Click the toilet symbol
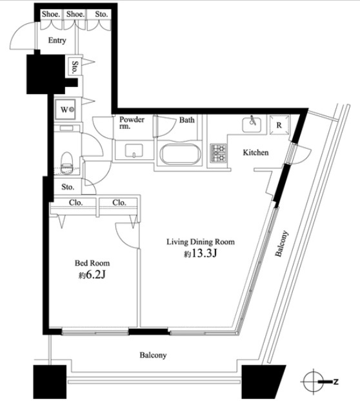click(67, 163)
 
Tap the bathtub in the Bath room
click(181, 154)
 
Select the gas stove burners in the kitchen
click(218, 153)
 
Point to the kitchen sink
click(252, 124)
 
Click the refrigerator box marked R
click(279, 125)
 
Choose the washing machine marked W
click(66, 110)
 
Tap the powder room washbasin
click(134, 151)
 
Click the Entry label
click(57, 41)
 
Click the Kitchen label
click(255, 153)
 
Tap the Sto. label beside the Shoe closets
click(101, 14)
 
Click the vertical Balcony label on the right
click(281, 244)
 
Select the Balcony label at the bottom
click(153, 355)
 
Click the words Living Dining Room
click(201, 242)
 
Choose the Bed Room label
click(92, 263)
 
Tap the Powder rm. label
click(132, 122)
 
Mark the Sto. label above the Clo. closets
click(68, 187)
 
